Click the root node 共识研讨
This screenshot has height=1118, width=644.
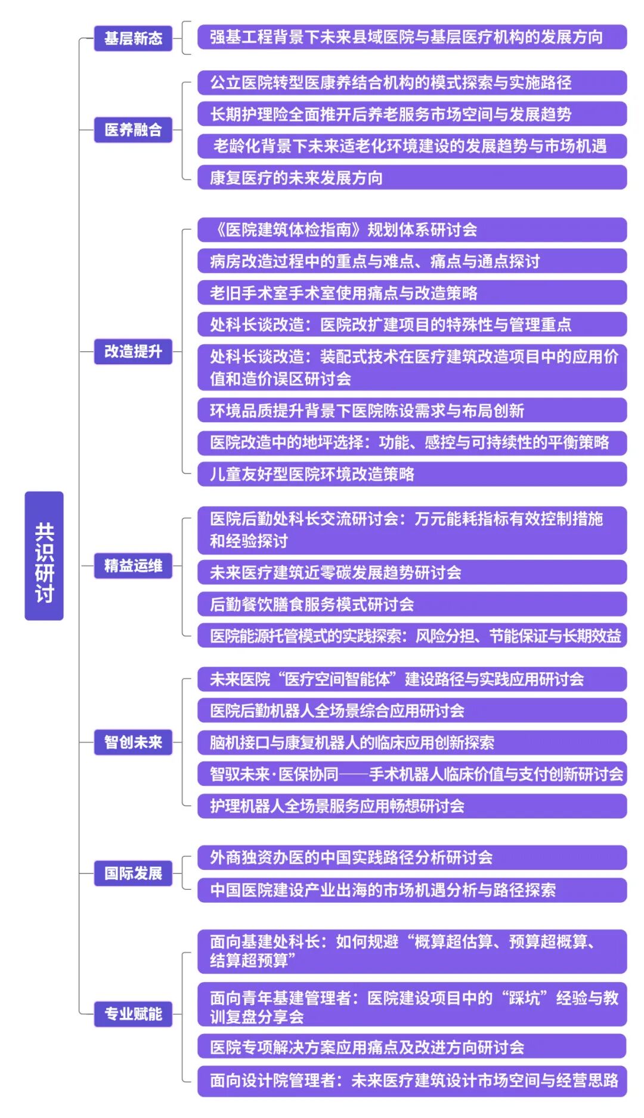click(x=44, y=556)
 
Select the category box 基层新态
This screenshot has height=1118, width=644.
click(x=133, y=39)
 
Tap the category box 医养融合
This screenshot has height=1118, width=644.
click(x=133, y=130)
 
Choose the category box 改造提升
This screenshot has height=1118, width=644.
click(x=133, y=352)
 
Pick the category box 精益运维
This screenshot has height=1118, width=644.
click(x=133, y=566)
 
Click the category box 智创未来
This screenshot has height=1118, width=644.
click(x=133, y=742)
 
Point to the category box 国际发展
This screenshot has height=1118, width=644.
click(x=133, y=874)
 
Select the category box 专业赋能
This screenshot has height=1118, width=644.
click(x=133, y=1014)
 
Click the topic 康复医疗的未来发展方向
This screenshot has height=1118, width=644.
click(x=412, y=178)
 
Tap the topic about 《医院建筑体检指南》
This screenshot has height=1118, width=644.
click(x=412, y=230)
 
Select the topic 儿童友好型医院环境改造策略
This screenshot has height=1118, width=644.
click(x=412, y=474)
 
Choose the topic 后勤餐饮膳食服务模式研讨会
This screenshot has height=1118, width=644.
click(x=412, y=604)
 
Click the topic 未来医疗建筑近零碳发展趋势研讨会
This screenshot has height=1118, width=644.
click(x=412, y=572)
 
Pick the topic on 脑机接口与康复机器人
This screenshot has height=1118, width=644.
click(x=412, y=742)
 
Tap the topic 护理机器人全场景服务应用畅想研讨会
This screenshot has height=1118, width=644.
click(x=412, y=806)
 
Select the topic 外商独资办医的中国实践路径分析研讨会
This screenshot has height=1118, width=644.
click(x=412, y=857)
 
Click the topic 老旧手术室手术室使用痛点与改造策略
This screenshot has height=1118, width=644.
click(x=412, y=293)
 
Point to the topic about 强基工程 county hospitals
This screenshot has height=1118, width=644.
click(x=412, y=37)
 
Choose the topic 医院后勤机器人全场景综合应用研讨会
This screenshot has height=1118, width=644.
click(x=412, y=711)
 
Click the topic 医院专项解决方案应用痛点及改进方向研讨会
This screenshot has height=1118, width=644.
click(x=412, y=1046)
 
